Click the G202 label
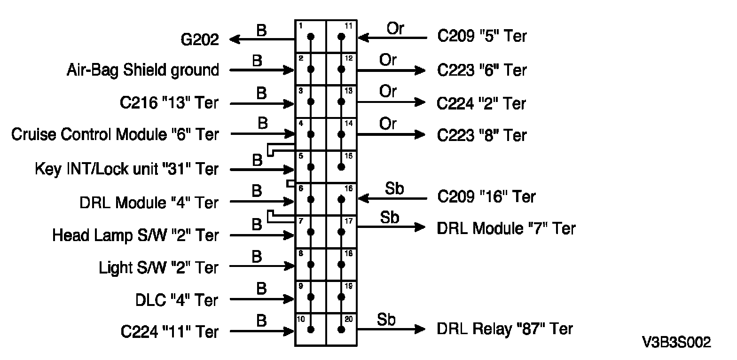(200, 39)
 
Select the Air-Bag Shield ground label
(142, 70)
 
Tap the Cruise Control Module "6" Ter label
(115, 135)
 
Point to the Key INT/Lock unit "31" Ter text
(126, 169)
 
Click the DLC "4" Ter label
(177, 300)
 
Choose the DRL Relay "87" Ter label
(505, 329)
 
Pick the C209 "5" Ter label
(482, 37)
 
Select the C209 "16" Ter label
(486, 196)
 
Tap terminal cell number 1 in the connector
(311, 37)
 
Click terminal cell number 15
(342, 166)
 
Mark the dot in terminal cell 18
(342, 265)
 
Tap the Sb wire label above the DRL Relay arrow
(386, 320)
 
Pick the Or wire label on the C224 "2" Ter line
(388, 92)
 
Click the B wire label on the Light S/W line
(257, 257)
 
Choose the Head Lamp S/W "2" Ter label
(135, 235)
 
